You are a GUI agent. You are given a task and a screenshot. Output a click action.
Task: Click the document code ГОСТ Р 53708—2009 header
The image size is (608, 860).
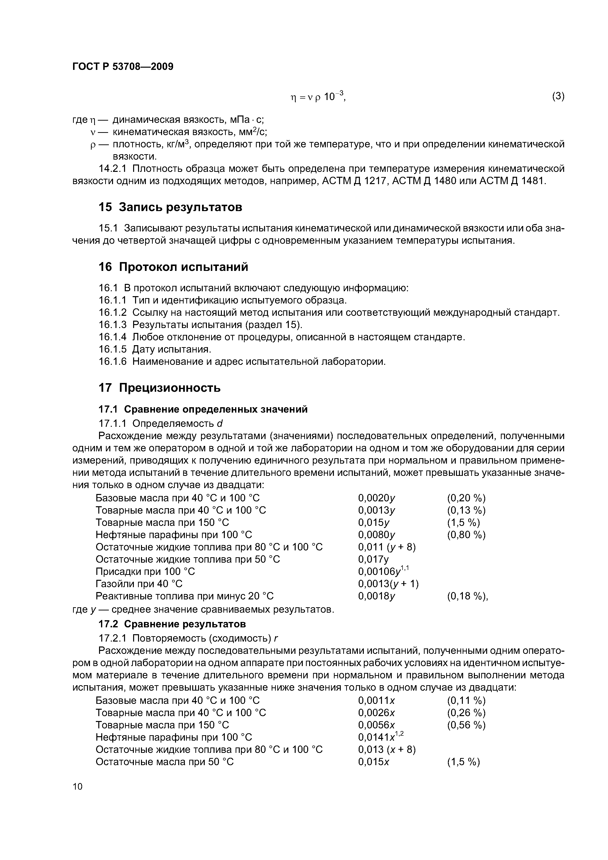click(123, 67)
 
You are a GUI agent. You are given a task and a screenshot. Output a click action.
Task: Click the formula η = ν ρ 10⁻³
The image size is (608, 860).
click(318, 97)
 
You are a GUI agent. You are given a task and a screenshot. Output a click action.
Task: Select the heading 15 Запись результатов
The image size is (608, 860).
click(170, 207)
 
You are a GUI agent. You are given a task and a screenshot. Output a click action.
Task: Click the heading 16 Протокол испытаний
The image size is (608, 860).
click(173, 267)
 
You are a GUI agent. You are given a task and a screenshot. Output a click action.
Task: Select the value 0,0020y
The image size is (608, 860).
click(377, 498)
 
